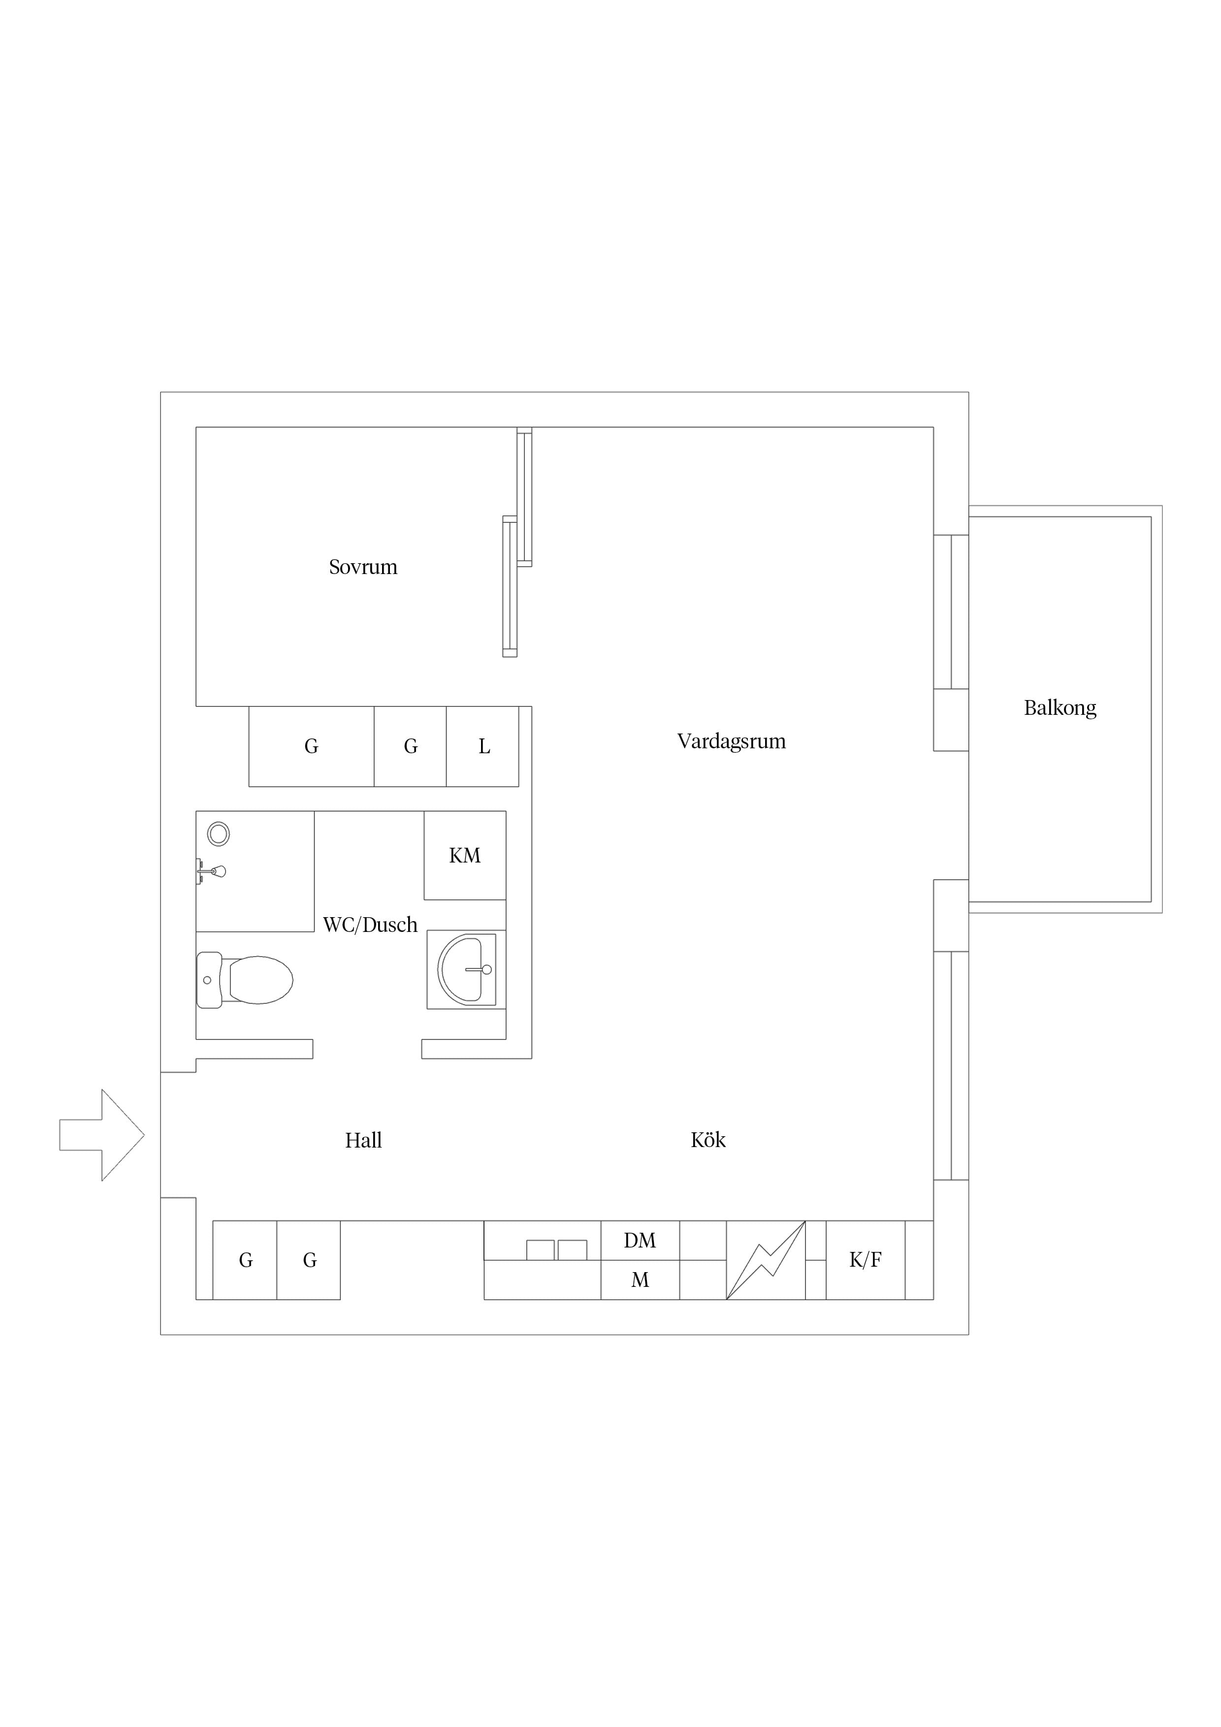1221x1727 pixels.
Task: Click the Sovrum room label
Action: [363, 567]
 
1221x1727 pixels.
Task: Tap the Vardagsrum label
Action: [731, 741]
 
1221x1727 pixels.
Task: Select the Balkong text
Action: [1060, 708]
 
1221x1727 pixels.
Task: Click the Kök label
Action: [708, 1140]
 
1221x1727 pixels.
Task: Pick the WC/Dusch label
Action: [370, 925]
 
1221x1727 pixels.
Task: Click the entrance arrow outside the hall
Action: [101, 1135]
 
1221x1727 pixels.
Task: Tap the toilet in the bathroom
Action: [245, 980]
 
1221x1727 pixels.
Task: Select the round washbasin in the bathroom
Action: [465, 969]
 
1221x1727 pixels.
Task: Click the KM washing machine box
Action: [465, 855]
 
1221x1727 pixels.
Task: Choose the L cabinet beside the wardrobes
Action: [482, 746]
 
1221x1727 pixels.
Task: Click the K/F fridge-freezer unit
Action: [865, 1260]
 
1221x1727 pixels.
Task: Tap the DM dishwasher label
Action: [640, 1240]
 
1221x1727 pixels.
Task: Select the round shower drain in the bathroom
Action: [219, 833]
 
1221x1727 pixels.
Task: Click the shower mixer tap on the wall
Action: [211, 871]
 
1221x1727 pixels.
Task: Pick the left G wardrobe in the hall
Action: [245, 1260]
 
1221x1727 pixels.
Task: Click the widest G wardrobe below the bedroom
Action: [312, 746]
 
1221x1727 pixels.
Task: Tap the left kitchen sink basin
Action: [540, 1250]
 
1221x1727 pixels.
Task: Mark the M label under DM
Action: [640, 1279]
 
